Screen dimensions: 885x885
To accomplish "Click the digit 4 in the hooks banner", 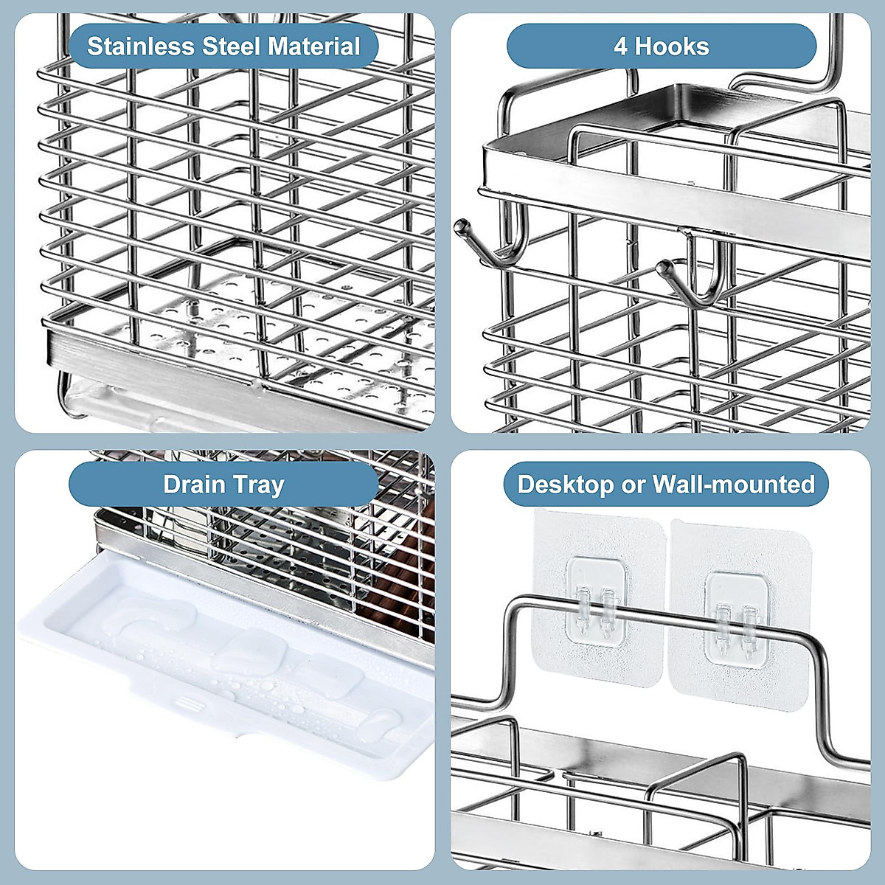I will click(620, 46).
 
